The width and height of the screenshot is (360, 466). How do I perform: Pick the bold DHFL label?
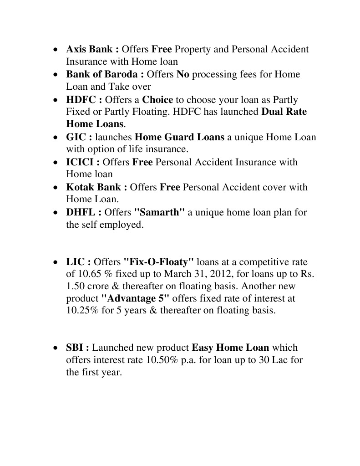coord(81,212)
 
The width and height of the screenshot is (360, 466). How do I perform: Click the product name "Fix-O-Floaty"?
coord(159,262)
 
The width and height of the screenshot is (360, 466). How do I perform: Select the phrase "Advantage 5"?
coord(135,299)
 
